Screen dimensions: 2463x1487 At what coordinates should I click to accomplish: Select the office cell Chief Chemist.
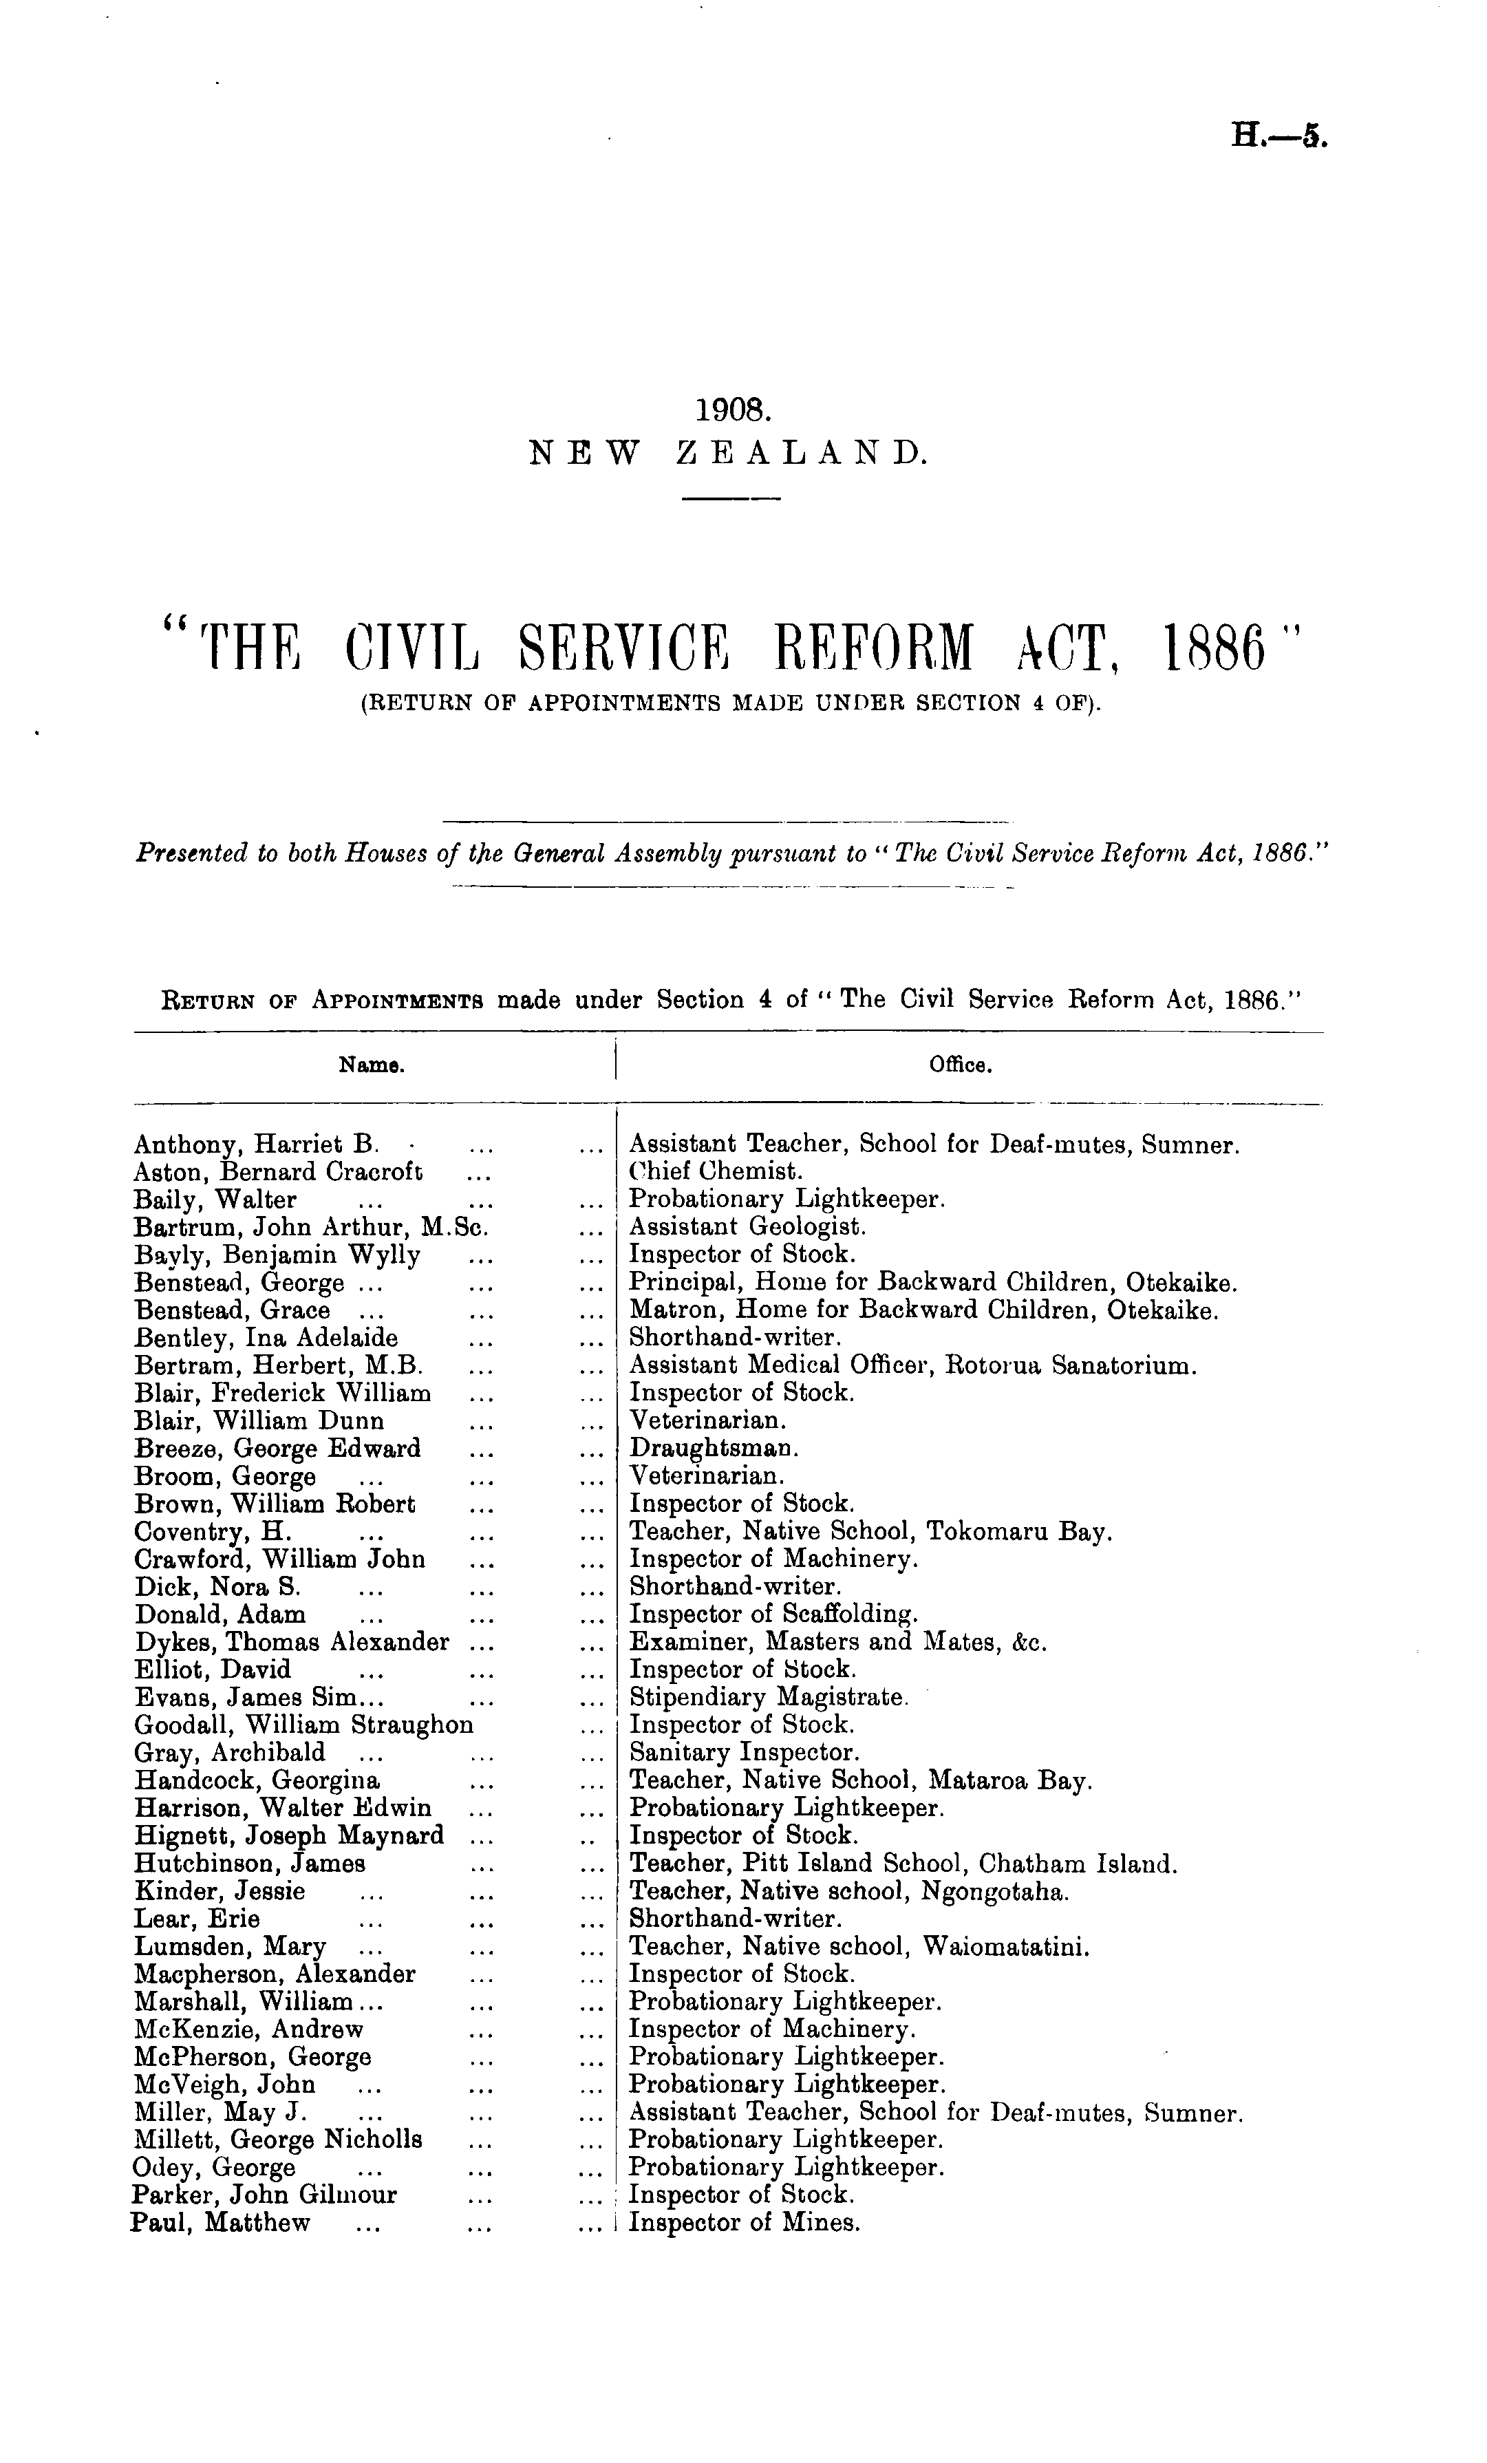pos(716,1171)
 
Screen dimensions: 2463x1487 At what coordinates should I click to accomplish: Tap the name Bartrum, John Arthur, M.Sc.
pos(310,1226)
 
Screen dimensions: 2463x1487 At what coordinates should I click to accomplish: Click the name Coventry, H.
pos(212,1531)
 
